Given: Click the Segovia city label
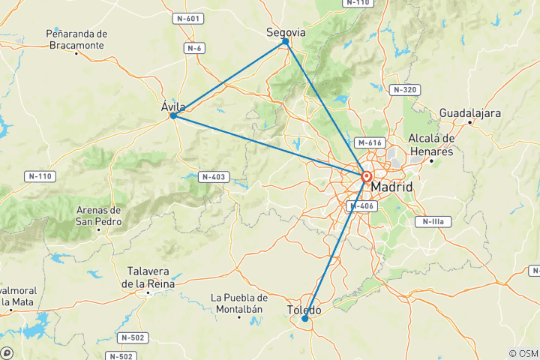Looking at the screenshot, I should [286, 32].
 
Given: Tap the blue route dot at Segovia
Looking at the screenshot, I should [286, 42].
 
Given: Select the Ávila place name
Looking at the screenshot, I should [173, 106].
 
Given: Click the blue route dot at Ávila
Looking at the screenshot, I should [173, 115].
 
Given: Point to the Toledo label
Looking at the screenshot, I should [304, 310].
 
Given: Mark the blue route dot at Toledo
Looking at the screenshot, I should [304, 319].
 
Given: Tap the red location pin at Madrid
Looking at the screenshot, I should [367, 178].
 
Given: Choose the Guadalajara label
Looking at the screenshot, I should [470, 112].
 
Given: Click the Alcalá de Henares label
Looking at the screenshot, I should [431, 145].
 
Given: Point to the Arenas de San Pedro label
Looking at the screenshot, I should [98, 215].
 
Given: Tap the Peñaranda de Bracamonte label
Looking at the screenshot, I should [77, 39].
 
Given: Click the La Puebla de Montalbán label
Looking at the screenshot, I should [239, 303].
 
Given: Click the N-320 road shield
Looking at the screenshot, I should [403, 89].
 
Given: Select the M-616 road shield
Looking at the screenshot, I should [370, 142].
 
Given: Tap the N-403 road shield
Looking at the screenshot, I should [212, 177].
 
